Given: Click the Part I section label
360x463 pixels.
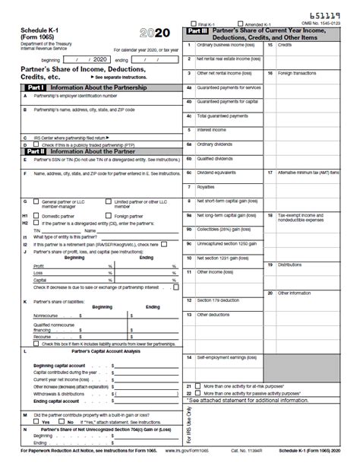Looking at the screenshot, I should click(x=35, y=87).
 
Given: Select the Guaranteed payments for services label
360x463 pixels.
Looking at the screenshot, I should click(x=229, y=87).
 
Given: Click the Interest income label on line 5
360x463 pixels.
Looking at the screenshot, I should click(x=213, y=130).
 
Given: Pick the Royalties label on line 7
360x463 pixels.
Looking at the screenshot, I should click(x=207, y=186).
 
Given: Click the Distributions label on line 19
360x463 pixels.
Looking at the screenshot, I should click(x=290, y=264).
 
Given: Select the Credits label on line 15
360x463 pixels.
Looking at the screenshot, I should click(x=285, y=45).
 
